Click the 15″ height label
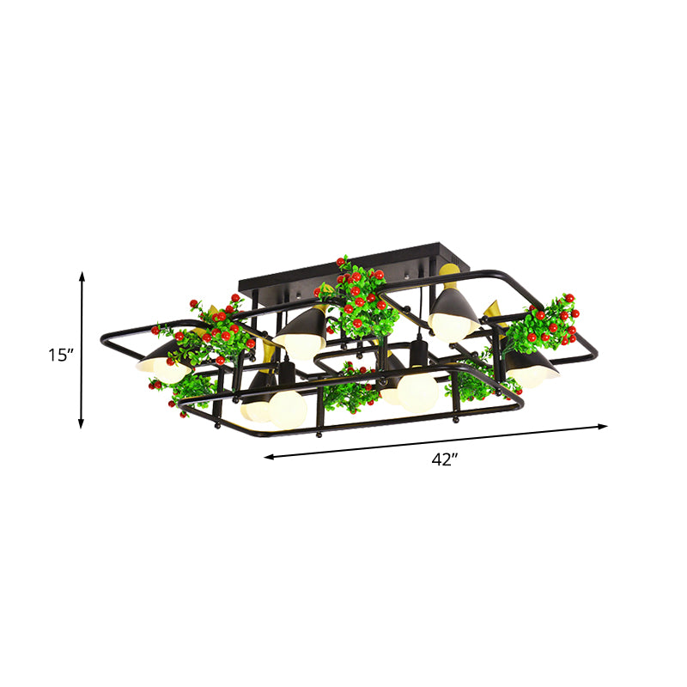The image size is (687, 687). tap(59, 355)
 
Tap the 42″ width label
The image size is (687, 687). tap(445, 459)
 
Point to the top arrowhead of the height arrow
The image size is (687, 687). tap(82, 277)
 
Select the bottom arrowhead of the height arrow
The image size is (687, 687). tap(81, 423)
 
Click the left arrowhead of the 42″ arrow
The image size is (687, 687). tap(269, 457)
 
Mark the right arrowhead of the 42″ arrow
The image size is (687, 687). tap(603, 425)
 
